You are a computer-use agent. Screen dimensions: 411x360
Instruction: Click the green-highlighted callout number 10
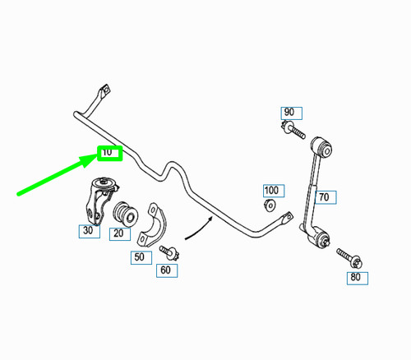click(109, 153)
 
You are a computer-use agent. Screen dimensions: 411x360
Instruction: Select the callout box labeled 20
click(120, 234)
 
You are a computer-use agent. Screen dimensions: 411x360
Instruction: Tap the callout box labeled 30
click(90, 231)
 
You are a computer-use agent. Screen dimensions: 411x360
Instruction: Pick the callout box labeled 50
click(141, 257)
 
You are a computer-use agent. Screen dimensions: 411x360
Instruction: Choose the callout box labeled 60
click(167, 270)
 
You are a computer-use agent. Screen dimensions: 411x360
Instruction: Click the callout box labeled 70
click(326, 197)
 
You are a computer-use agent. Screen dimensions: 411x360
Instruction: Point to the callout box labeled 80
click(358, 278)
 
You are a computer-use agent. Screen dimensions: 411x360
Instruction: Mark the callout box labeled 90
click(292, 113)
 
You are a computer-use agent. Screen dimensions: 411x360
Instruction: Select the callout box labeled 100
click(274, 191)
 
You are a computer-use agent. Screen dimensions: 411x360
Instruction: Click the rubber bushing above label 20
click(125, 215)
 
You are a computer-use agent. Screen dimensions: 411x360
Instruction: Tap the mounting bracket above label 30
click(100, 201)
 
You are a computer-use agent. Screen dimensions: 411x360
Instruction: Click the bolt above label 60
click(169, 253)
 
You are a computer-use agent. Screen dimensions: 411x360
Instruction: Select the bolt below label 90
click(293, 130)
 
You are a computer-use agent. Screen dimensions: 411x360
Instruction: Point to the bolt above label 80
click(349, 258)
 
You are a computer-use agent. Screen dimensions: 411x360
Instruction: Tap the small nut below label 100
click(270, 205)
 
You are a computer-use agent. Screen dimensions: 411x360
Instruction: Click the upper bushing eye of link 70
click(322, 147)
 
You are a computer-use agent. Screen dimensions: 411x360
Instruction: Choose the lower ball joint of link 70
click(318, 237)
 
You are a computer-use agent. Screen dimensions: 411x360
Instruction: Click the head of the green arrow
click(89, 160)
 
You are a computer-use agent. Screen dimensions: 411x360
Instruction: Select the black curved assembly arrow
click(200, 229)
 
